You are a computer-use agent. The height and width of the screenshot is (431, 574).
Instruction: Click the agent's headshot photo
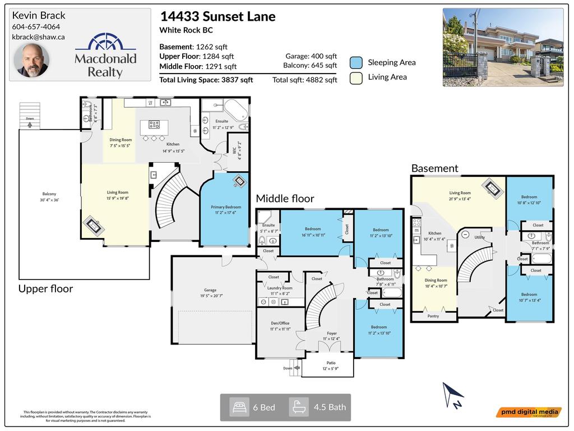[x=32, y=60]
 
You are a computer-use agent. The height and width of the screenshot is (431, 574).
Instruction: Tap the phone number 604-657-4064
[x=36, y=26]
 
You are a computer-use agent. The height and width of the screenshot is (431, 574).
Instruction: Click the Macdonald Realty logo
[x=105, y=56]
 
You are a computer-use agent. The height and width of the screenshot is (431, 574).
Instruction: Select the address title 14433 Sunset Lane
[x=217, y=16]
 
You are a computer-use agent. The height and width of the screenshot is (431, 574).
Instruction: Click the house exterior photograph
[x=503, y=47]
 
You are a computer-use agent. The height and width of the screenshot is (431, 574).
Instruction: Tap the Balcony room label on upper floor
[x=49, y=194]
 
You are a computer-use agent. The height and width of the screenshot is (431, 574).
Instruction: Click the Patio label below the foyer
[x=327, y=363]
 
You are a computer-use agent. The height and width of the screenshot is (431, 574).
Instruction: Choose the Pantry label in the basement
[x=433, y=316]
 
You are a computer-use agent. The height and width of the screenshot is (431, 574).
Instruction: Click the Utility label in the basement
[x=479, y=237]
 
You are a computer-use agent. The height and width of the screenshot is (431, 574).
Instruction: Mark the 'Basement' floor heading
[x=434, y=168]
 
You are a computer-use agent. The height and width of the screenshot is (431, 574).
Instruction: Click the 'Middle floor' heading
[x=285, y=199]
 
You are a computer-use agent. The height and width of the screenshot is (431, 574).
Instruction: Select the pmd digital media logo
[x=529, y=412]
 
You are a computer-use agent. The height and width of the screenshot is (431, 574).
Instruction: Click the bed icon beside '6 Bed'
[x=240, y=407]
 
